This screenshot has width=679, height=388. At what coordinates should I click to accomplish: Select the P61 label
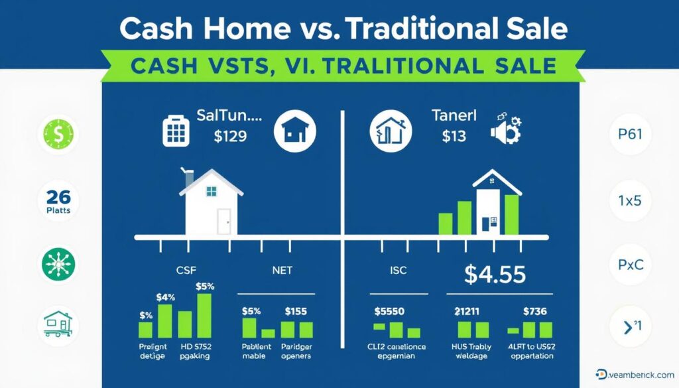[629, 133]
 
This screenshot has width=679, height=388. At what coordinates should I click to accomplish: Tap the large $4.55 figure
[495, 274]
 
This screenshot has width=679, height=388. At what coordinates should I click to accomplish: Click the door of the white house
[224, 220]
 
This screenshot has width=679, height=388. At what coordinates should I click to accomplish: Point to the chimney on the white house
[189, 179]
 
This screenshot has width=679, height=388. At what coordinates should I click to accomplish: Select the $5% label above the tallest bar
[206, 287]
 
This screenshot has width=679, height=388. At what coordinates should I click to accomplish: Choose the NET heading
[282, 271]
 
